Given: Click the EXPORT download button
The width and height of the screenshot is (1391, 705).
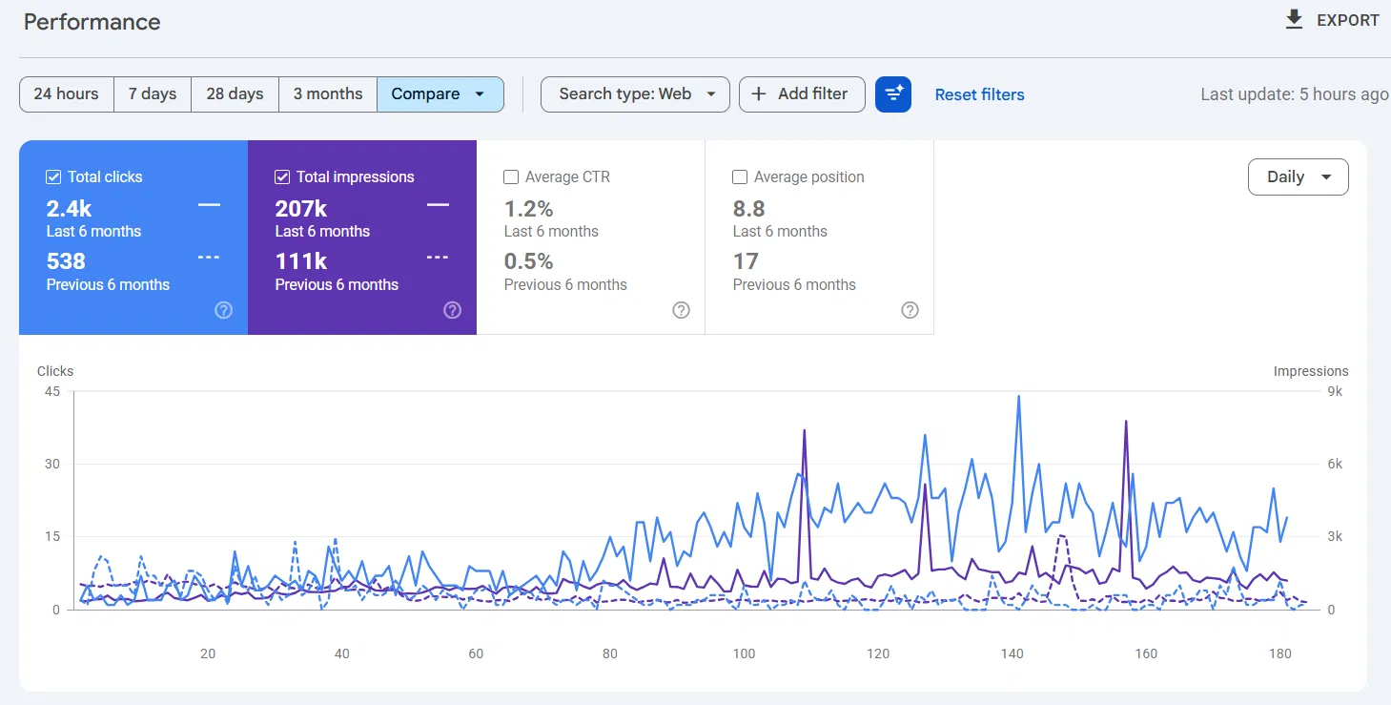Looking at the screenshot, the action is [x=1331, y=20].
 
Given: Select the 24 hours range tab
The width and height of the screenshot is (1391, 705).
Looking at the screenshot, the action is [x=67, y=94].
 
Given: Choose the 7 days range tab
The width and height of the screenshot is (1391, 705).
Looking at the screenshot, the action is [x=153, y=94].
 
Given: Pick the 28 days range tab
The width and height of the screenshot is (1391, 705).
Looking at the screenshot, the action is [x=235, y=94].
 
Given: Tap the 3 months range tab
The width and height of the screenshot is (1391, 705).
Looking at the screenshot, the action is [x=328, y=94].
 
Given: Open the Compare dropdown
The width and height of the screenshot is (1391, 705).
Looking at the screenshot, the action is [x=440, y=94].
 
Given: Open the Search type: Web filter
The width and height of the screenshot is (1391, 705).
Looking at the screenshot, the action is [x=635, y=94].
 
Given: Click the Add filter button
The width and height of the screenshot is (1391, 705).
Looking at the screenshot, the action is [x=802, y=94].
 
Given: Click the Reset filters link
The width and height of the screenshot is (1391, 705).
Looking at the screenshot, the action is [x=979, y=94].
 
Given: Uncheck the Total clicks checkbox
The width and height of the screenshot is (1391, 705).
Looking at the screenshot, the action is [x=53, y=177].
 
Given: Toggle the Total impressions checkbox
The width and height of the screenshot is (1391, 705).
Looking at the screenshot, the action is [x=282, y=177].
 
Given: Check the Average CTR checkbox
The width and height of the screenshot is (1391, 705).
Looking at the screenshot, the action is [x=511, y=177].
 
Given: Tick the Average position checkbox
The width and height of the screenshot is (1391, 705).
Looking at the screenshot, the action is [x=740, y=177].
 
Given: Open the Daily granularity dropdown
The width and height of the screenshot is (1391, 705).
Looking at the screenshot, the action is [x=1298, y=177].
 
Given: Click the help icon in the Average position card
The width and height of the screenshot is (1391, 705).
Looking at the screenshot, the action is [x=910, y=310].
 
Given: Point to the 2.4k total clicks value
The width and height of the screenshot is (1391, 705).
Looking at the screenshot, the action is [x=69, y=209].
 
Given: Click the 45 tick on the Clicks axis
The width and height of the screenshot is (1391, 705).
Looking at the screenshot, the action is [x=52, y=391].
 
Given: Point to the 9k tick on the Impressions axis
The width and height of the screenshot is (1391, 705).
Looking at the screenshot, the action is [x=1335, y=391].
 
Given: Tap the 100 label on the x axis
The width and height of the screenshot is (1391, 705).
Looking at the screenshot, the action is [x=744, y=653].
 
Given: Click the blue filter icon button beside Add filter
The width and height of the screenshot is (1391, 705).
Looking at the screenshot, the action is [x=893, y=94].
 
